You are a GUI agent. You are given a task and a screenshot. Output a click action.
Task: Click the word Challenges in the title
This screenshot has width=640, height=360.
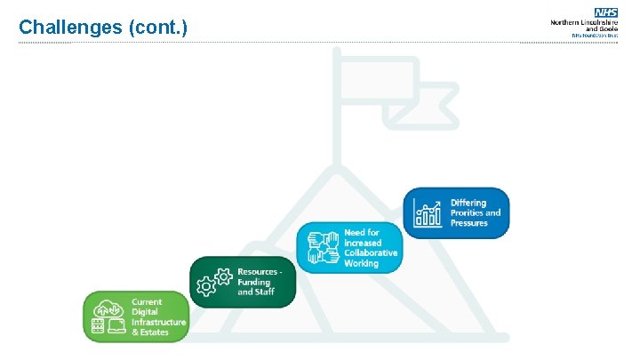(70, 28)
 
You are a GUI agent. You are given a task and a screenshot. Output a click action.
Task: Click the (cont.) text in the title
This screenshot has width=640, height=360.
(158, 28)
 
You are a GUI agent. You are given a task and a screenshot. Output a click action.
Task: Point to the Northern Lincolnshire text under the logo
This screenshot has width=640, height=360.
(584, 22)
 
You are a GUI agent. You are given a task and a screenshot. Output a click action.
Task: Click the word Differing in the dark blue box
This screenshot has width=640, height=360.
(468, 204)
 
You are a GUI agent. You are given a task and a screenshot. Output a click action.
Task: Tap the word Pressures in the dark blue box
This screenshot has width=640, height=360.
(468, 223)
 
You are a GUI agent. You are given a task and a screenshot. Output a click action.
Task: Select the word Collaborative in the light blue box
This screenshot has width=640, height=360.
(371, 253)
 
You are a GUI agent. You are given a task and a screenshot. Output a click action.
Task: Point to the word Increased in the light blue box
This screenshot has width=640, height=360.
(363, 243)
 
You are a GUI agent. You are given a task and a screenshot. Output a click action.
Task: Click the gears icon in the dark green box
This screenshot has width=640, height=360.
(214, 282)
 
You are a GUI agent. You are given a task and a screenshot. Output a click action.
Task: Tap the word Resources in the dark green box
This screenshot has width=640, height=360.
(259, 271)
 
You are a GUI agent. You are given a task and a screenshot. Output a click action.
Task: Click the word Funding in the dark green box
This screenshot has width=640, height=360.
(254, 282)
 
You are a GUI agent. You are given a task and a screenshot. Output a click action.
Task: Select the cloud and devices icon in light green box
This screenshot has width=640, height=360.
(108, 316)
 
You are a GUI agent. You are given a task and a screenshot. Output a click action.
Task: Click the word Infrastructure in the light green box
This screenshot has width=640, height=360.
(159, 322)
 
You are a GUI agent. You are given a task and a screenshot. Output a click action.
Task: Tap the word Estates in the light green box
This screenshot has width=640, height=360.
(153, 332)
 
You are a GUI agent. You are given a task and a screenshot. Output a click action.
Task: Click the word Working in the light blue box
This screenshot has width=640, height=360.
(361, 264)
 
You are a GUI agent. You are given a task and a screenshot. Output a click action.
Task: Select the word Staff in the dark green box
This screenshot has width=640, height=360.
(264, 292)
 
